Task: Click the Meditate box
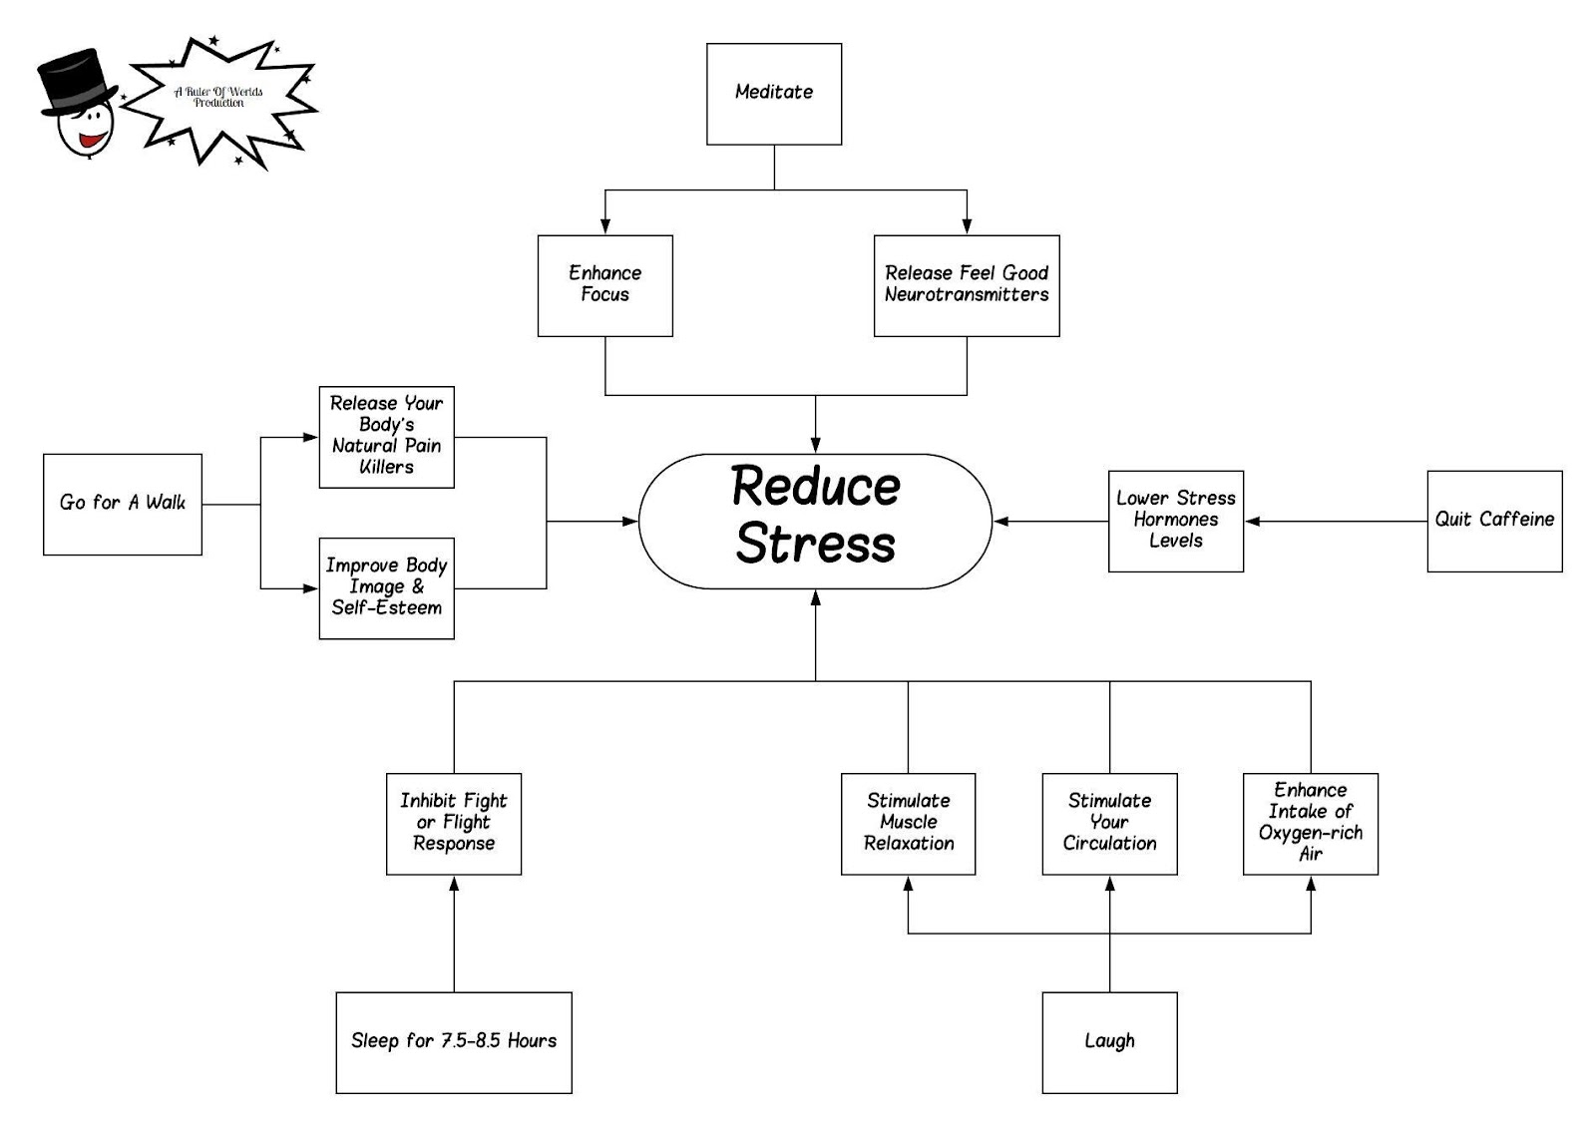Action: coord(774,94)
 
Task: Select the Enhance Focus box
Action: coord(604,285)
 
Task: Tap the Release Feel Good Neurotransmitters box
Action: coord(966,285)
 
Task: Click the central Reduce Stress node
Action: coord(815,521)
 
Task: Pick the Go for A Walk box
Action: coord(122,504)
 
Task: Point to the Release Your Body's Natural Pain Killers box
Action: coord(386,437)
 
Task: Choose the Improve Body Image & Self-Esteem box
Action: coord(386,587)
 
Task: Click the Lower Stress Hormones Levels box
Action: coord(1175,521)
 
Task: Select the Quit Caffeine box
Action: coord(1493,521)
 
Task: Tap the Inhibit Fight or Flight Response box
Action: coord(453,824)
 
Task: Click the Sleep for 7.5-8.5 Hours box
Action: coord(453,1042)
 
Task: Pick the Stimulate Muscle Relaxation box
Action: coord(908,824)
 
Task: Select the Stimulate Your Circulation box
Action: coord(1109,824)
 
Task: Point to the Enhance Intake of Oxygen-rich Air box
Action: coord(1310,824)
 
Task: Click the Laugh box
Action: coord(1109,1042)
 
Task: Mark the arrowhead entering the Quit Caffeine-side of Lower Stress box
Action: coord(1253,521)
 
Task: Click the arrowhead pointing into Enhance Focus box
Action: coord(604,227)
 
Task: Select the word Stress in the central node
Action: coord(815,545)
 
